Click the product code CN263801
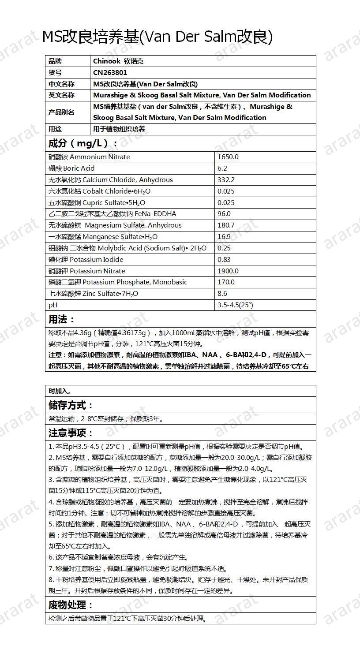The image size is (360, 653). (110, 73)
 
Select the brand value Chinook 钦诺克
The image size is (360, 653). (118, 61)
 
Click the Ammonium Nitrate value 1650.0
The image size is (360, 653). (228, 157)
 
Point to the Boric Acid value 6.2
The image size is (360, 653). (222, 168)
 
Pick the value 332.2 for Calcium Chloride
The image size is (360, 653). (226, 180)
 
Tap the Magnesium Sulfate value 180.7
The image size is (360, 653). (226, 225)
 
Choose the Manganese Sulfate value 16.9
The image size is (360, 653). (224, 237)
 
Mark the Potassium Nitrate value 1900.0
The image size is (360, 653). (228, 271)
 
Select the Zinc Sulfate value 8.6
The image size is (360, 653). (222, 294)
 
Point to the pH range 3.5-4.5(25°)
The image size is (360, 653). (235, 305)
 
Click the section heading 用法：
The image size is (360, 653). (62, 320)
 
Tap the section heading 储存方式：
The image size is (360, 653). (71, 406)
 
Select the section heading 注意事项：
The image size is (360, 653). (71, 433)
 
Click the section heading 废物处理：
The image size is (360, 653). (71, 605)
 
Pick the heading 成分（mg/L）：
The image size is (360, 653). (83, 143)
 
